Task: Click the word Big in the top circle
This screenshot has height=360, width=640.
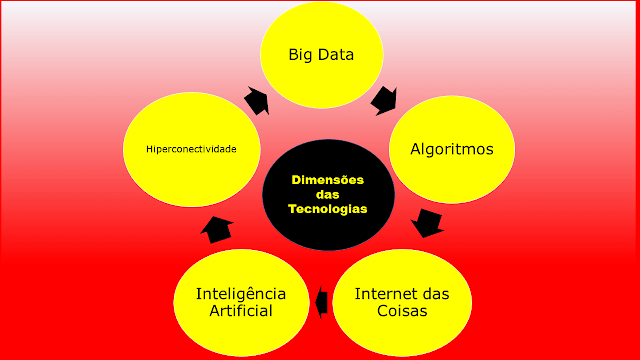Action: (x=301, y=53)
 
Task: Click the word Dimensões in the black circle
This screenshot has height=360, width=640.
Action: (x=327, y=180)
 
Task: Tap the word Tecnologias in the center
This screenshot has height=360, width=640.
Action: (x=327, y=210)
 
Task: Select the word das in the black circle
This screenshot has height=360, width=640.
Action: (x=327, y=195)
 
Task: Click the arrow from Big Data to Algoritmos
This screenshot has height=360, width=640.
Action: (x=384, y=97)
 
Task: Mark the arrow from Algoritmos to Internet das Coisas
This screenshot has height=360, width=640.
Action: (x=427, y=222)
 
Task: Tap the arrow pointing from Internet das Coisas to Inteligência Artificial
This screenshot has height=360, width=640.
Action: (x=321, y=300)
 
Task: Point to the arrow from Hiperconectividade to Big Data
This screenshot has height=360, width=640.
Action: (x=256, y=100)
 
